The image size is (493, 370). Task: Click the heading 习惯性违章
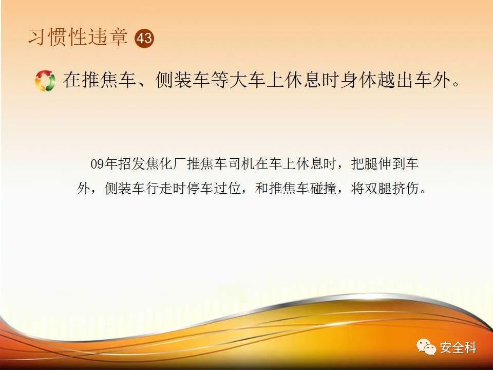[78, 38]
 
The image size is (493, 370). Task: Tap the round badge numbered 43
[144, 39]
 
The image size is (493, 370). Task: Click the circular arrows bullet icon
[45, 81]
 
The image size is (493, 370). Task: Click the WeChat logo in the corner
[426, 347]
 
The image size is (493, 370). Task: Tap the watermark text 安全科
[458, 348]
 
